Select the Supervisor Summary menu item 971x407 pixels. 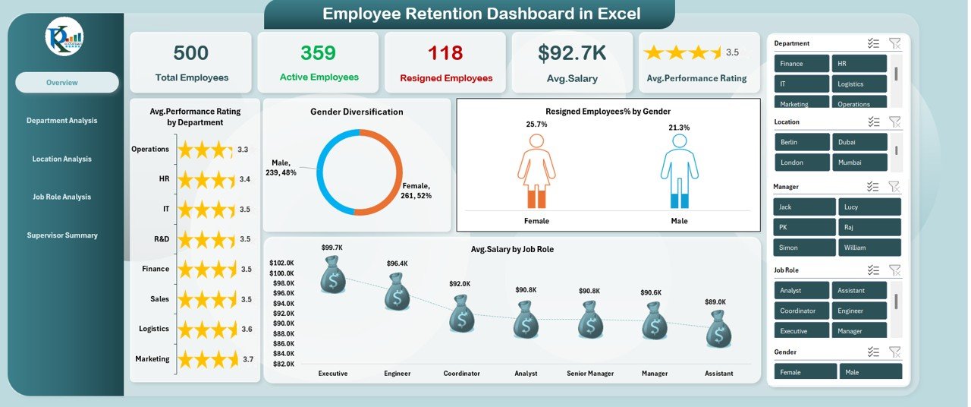tap(62, 235)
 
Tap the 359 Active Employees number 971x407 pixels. tap(319, 53)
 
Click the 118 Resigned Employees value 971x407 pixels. tap(446, 53)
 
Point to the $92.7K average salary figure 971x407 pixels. tap(572, 53)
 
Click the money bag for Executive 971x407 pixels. tap(332, 275)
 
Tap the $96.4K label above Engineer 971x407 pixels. tap(397, 263)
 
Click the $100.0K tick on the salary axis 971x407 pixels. tap(281, 273)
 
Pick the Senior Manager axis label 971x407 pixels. tap(590, 374)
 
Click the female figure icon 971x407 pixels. tap(536, 171)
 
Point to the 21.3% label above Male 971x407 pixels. tap(679, 128)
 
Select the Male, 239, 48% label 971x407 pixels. tap(284, 168)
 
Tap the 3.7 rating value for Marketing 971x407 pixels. tap(247, 359)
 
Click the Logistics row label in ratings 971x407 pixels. tap(154, 329)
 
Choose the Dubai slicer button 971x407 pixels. tap(859, 142)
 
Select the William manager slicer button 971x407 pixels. tap(869, 248)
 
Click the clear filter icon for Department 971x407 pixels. tap(894, 44)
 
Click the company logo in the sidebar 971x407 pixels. tap(64, 36)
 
